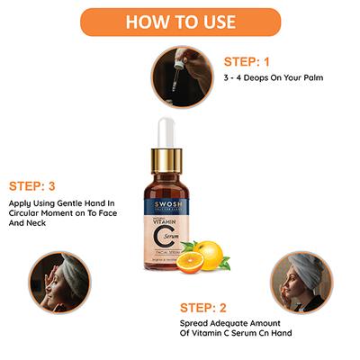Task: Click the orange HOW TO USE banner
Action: (180, 20)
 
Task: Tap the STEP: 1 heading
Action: (246, 62)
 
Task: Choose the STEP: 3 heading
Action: (39, 187)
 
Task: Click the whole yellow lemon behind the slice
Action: (211, 253)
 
